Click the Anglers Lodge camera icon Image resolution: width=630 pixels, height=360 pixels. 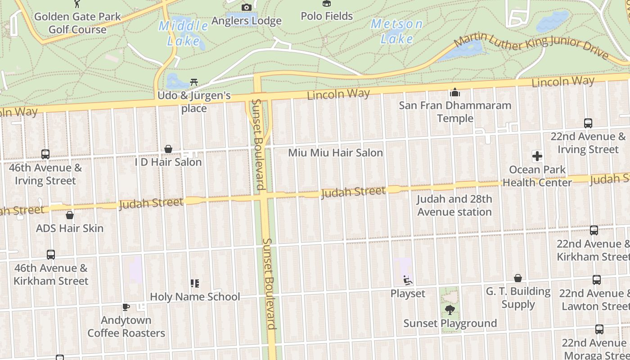[247, 7]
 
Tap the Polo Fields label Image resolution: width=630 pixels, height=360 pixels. [327, 16]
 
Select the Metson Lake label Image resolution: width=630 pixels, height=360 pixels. [396, 31]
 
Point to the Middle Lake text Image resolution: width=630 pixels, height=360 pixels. [183, 33]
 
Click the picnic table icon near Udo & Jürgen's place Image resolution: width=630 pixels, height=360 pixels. [194, 82]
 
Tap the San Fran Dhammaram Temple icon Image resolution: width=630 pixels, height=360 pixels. [455, 92]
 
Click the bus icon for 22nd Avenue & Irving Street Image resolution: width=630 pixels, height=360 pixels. [588, 123]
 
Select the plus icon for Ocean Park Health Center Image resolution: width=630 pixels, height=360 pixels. [537, 156]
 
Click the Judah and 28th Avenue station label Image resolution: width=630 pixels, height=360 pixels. [454, 205]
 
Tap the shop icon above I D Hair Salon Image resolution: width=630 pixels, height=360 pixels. [168, 149]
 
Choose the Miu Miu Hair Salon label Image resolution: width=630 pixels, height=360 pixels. [335, 153]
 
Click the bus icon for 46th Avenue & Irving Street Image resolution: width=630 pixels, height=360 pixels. [45, 154]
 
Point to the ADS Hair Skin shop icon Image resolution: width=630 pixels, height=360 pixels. [69, 215]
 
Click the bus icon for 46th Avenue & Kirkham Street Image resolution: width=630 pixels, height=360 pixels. [51, 254]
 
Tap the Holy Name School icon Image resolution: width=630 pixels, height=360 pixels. [194, 283]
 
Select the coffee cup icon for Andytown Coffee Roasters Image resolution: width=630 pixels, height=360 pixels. [126, 307]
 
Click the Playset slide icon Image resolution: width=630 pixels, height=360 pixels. [408, 280]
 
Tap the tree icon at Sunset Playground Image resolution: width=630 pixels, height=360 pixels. [450, 310]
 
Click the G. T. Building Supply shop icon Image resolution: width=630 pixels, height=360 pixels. [518, 278]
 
